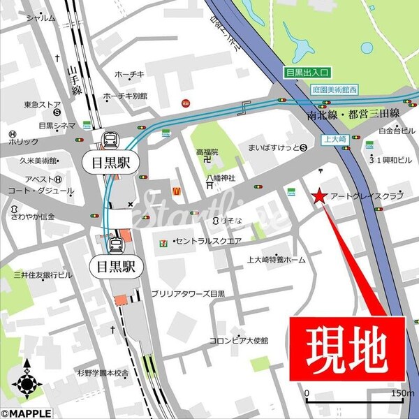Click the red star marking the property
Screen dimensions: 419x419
(318, 198)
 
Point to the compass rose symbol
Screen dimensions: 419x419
(27, 382)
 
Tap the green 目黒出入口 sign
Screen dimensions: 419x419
(307, 72)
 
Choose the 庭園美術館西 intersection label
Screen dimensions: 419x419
(335, 91)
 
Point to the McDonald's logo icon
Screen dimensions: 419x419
(177, 189)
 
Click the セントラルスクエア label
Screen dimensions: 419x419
(209, 241)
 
